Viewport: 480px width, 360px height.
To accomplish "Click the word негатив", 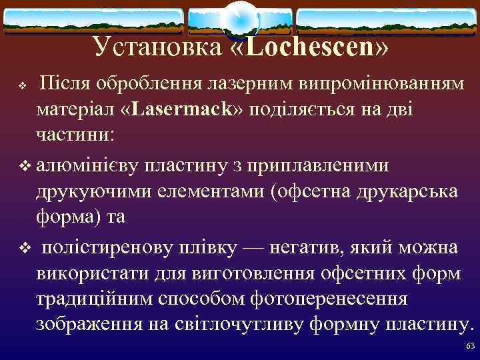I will pyautogui.click(x=303, y=247).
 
